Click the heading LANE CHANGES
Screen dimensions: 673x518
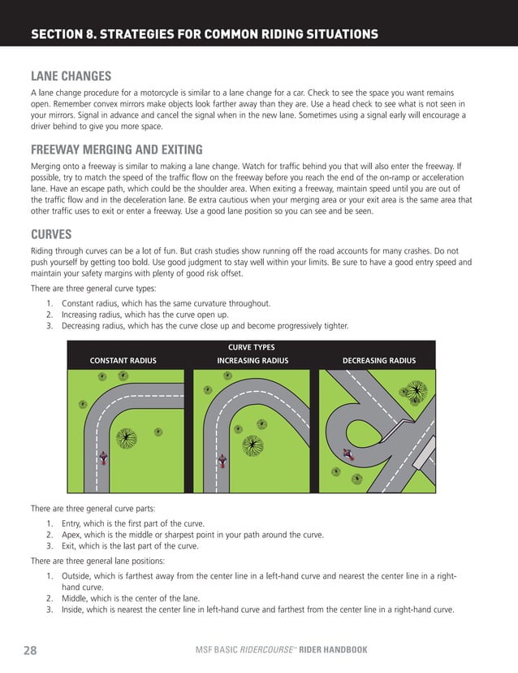[x=71, y=77]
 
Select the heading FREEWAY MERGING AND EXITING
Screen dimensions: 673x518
[x=116, y=150]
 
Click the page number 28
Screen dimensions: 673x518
[x=30, y=650]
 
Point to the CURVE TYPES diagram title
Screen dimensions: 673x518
[x=251, y=347]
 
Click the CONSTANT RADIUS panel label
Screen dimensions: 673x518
[x=123, y=361]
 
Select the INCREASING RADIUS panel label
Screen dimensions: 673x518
[x=253, y=361]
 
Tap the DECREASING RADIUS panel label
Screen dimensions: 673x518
[x=378, y=361]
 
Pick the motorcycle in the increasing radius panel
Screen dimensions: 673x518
[x=222, y=461]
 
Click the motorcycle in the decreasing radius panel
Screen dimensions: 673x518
[x=347, y=454]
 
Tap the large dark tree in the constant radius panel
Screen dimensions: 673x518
[x=126, y=439]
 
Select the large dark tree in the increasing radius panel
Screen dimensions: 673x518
[x=253, y=445]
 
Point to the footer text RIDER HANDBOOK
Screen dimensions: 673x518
[x=333, y=650]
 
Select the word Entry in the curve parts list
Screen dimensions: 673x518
[x=72, y=523]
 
